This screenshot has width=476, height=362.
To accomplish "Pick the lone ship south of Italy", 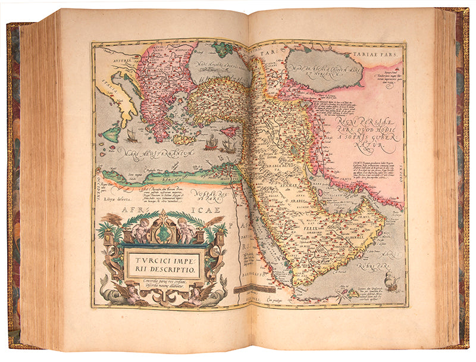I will pyautogui.click(x=132, y=136).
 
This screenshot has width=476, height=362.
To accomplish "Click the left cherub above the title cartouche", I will pyautogui.click(x=140, y=230).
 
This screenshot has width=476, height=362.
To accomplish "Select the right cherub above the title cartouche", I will pyautogui.click(x=186, y=230).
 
